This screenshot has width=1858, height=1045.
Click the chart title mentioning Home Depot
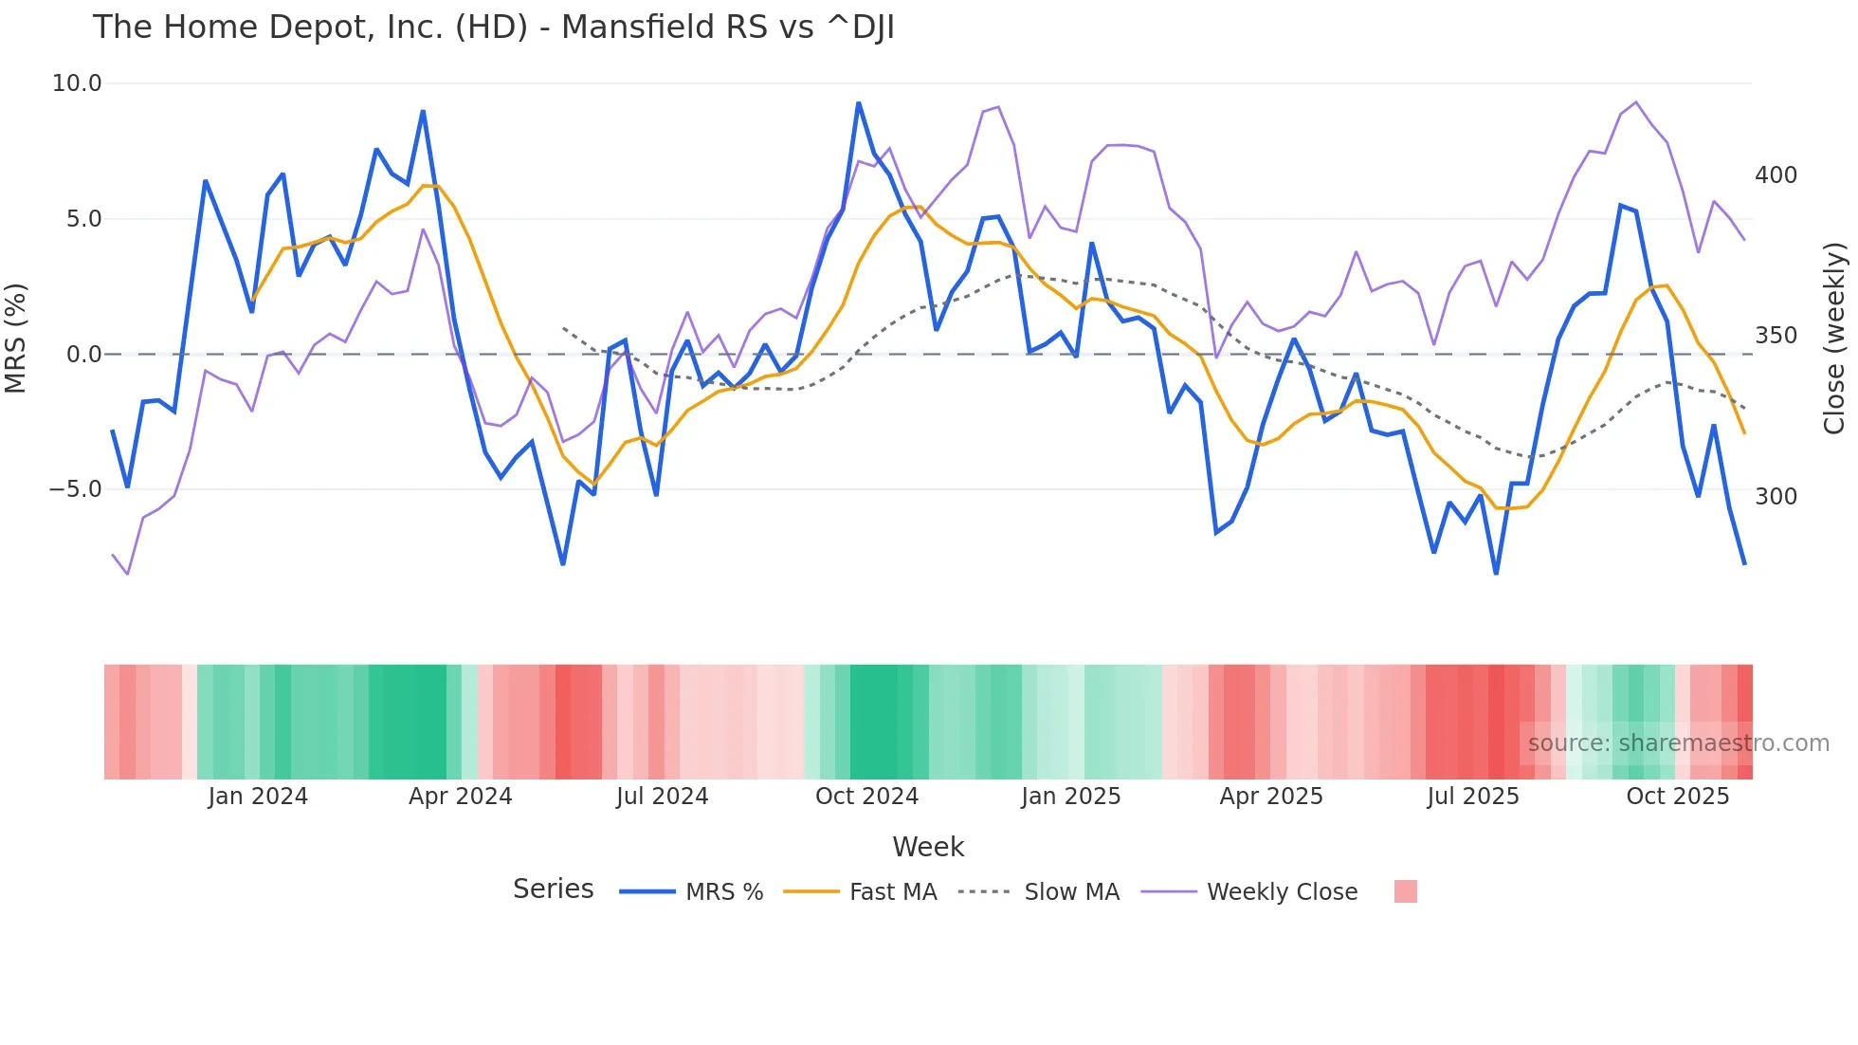pyautogui.click(x=493, y=27)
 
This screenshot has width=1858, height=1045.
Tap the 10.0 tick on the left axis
pyautogui.click(x=76, y=83)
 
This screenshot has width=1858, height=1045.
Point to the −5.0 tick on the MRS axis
pyautogui.click(x=75, y=489)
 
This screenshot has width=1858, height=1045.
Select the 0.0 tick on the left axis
pyautogui.click(x=83, y=355)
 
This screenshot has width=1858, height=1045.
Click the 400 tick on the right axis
pyautogui.click(x=1776, y=175)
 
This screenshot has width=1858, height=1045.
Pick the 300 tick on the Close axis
pyautogui.click(x=1776, y=497)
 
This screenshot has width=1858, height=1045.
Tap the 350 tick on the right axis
pyautogui.click(x=1776, y=336)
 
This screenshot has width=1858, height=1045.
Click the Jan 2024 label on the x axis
pyautogui.click(x=258, y=797)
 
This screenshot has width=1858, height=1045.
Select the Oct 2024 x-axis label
pyautogui.click(x=866, y=797)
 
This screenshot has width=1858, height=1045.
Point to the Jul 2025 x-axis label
pyautogui.click(x=1472, y=797)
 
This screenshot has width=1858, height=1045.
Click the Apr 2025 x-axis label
pyautogui.click(x=1270, y=797)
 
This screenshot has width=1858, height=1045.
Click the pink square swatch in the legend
pyautogui.click(x=1405, y=891)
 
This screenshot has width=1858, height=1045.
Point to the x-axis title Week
pyautogui.click(x=928, y=847)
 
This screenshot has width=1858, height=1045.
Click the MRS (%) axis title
pyautogui.click(x=16, y=338)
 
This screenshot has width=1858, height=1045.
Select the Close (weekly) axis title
pyautogui.click(x=1834, y=338)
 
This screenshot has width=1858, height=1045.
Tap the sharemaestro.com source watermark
pyautogui.click(x=1678, y=743)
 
